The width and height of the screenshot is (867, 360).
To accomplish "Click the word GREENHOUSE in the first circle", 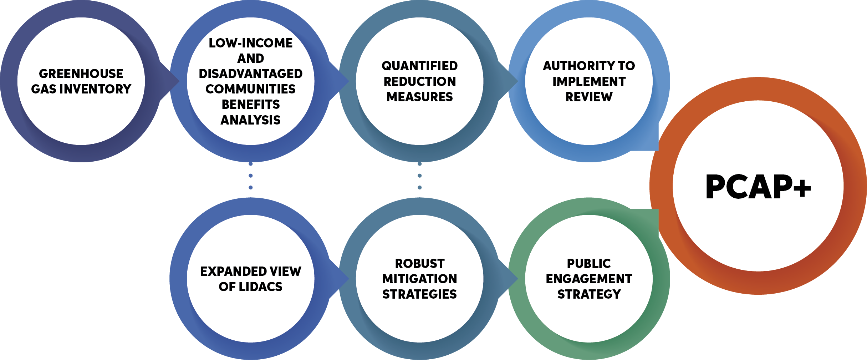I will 81,74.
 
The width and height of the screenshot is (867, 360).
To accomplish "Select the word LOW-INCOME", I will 250,43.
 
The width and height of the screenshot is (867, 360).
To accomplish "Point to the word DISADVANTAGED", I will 250,74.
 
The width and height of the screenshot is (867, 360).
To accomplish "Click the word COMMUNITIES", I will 250,89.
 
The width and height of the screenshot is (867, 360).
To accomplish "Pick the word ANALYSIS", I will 250,120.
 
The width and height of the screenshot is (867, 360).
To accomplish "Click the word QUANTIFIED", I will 419,66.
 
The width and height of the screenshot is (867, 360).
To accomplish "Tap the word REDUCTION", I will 419,82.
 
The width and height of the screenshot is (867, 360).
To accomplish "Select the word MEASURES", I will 419,97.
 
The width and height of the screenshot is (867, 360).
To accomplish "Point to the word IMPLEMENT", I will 589,82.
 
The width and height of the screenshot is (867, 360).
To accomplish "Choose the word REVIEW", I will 589,97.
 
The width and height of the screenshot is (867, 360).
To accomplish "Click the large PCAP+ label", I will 758,187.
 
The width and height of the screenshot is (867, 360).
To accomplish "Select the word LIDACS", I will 260,287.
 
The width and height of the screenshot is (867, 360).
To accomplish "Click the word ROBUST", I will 419,264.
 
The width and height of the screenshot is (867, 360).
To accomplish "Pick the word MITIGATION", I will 419,279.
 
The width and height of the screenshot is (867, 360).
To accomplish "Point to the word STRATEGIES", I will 419,294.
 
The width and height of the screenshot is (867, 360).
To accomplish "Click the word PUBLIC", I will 589,264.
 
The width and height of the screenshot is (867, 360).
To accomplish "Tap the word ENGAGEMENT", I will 589,279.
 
